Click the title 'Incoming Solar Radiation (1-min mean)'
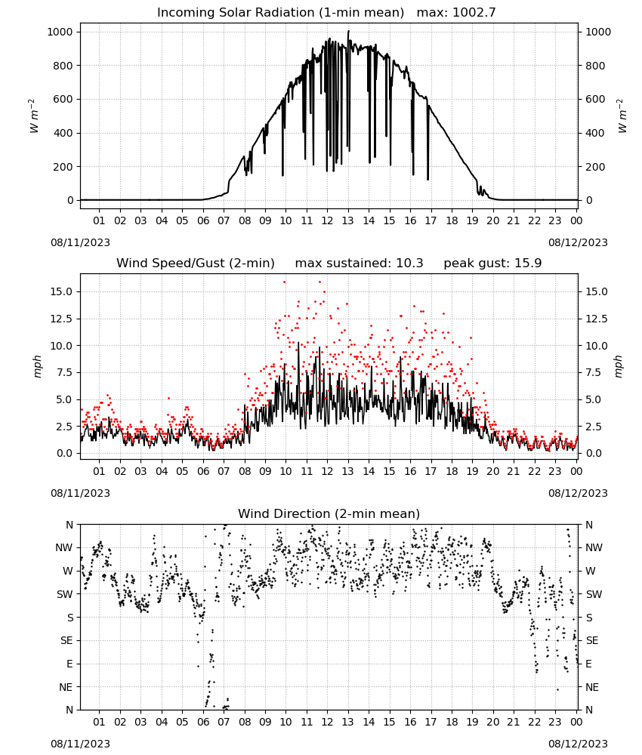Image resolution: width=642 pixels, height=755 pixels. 280,13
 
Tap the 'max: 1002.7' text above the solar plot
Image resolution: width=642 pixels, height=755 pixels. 455,13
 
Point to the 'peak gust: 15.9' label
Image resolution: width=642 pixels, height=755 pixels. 492,263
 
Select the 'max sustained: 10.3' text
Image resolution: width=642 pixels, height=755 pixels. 359,263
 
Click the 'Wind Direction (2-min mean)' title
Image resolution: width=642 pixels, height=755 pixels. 329,513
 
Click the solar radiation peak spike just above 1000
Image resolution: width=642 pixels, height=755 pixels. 348,32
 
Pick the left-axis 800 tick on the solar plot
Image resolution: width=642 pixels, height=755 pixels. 63,66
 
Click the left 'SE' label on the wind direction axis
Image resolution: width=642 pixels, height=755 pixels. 67,641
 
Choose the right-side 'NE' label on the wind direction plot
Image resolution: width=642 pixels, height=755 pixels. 591,687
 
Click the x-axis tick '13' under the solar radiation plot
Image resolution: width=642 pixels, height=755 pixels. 347,221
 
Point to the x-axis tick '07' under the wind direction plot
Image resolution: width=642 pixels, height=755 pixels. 224,722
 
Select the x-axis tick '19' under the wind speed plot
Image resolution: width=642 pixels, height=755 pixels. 473,471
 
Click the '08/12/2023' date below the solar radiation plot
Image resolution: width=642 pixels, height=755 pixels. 578,242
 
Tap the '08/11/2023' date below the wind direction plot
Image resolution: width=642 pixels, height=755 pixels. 80,744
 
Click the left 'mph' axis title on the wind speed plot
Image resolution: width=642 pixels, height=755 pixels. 38,366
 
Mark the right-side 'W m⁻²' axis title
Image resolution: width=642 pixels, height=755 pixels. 622,116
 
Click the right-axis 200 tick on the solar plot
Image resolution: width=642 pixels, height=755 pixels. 595,167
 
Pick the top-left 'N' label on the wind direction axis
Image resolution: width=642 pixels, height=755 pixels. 69,525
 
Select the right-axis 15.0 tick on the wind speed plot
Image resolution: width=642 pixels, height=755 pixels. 596,291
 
